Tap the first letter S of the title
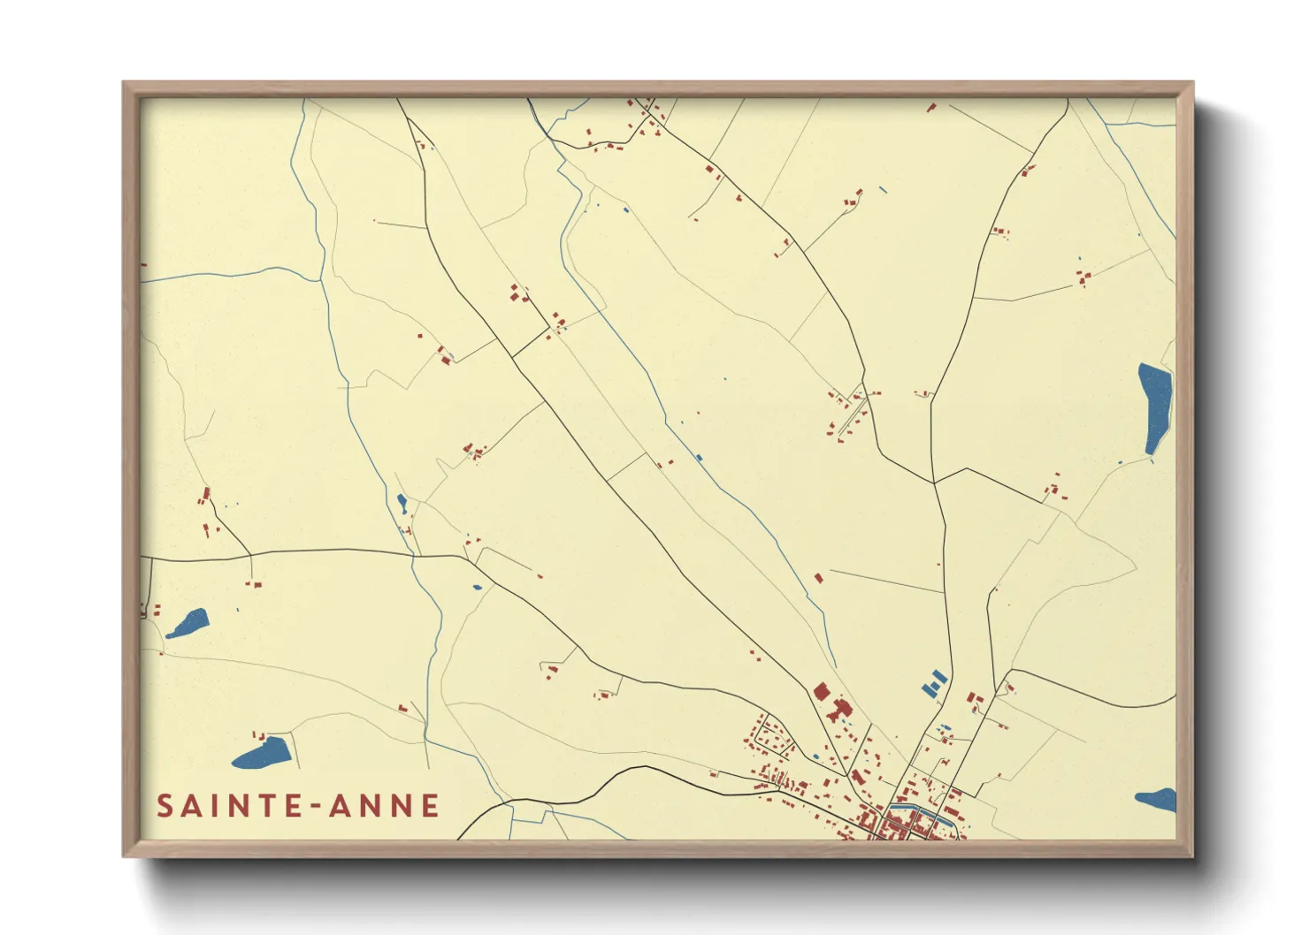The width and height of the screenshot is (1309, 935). pyautogui.click(x=165, y=806)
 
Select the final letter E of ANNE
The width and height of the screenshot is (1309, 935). pyautogui.click(x=431, y=806)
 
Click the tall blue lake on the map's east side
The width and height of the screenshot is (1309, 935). pyautogui.click(x=1154, y=407)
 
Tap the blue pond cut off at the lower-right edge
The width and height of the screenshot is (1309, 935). pyautogui.click(x=1159, y=801)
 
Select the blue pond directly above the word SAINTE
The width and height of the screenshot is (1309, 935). pyautogui.click(x=263, y=753)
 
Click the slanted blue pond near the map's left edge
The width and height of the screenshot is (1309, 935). pyautogui.click(x=188, y=623)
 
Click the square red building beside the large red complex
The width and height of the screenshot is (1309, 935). pyautogui.click(x=821, y=691)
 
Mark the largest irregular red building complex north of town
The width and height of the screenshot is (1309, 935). pyautogui.click(x=839, y=709)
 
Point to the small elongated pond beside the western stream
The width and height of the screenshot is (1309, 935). pyautogui.click(x=402, y=504)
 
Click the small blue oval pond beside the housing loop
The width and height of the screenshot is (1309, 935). pyautogui.click(x=815, y=756)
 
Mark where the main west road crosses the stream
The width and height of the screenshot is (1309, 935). pyautogui.click(x=412, y=556)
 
